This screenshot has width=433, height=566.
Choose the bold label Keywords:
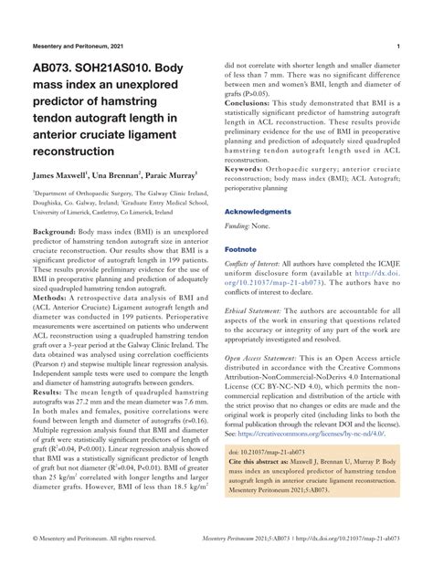click(249, 169)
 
